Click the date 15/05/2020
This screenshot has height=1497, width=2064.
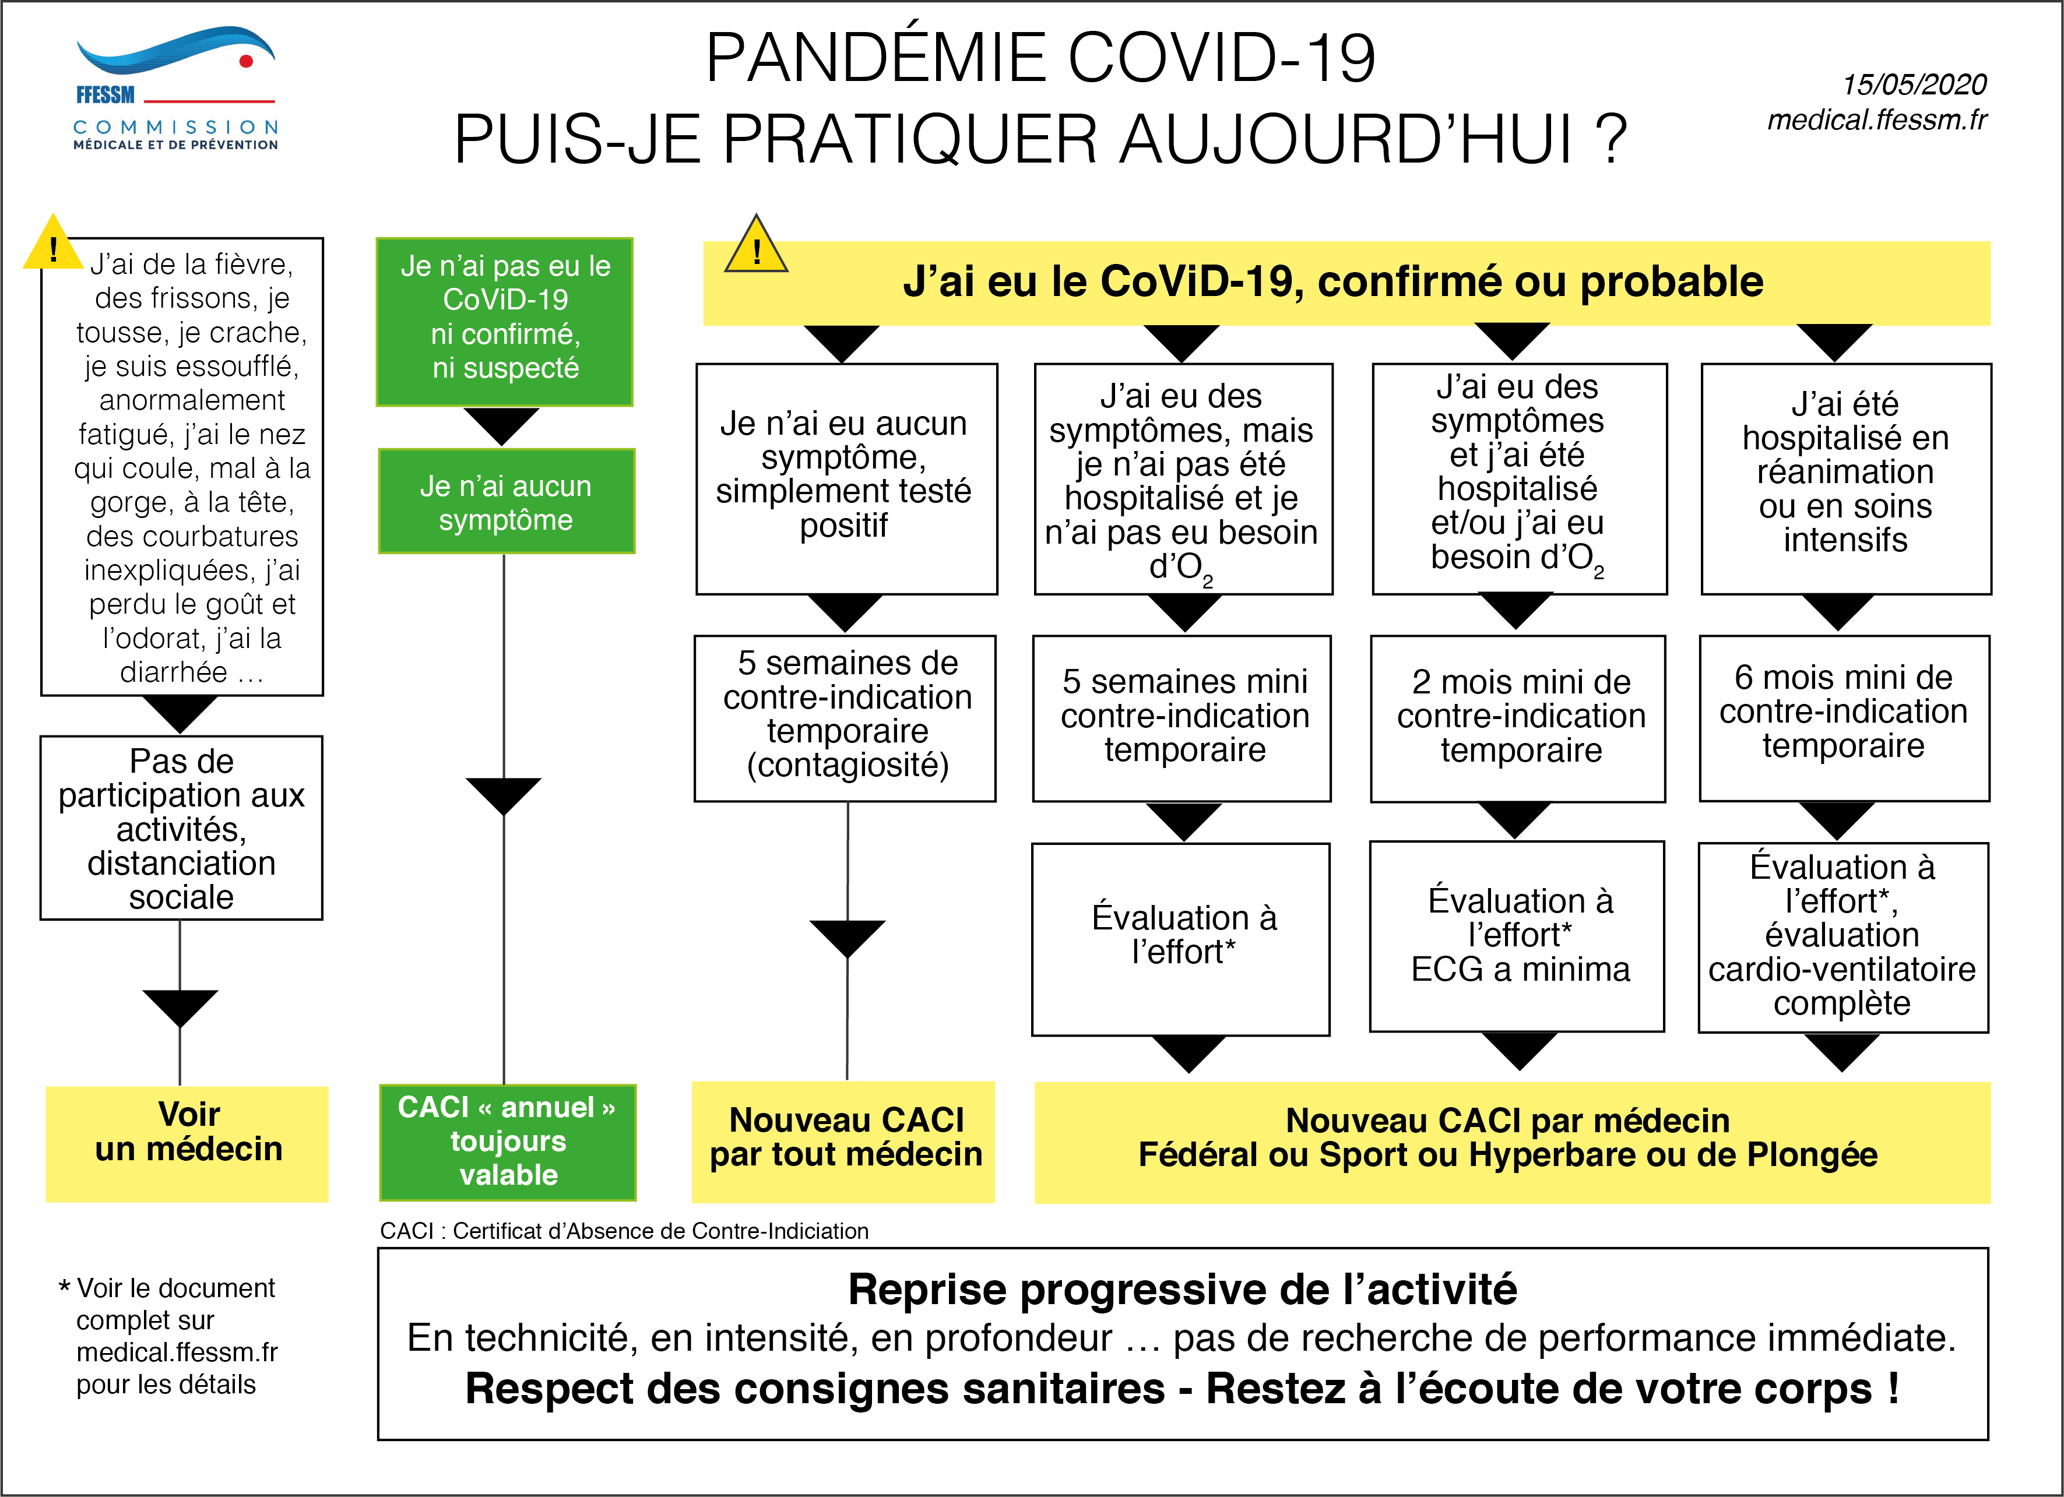[1913, 84]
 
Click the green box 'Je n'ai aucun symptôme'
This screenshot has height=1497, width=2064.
[506, 501]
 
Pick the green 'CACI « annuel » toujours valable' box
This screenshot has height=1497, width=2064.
[508, 1142]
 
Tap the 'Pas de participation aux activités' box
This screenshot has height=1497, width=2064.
[181, 827]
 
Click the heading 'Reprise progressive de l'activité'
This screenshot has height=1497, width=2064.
[1182, 1290]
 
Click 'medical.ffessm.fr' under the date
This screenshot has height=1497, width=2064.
[1876, 120]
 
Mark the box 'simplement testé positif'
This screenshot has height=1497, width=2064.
[845, 478]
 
